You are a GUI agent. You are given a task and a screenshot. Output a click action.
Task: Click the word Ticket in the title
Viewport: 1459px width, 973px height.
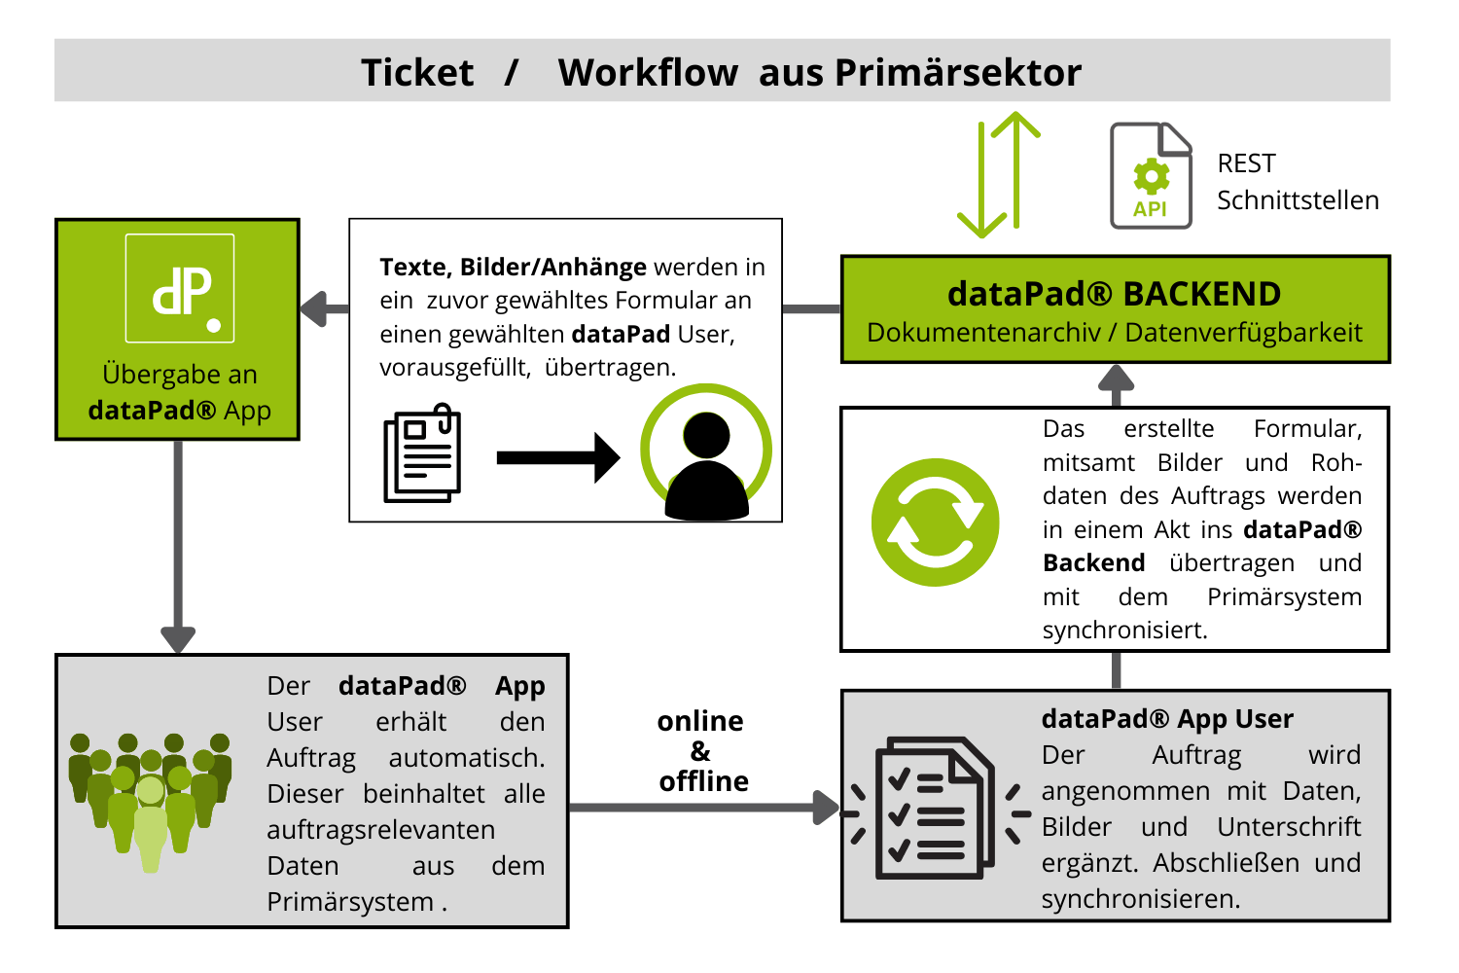point(417,73)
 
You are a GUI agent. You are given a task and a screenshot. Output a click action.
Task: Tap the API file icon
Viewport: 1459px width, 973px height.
point(1151,176)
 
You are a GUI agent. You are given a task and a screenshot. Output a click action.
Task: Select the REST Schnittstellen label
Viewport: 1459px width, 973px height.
point(1297,182)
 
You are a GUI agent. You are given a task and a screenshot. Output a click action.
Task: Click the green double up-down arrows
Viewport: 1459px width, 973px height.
point(999,175)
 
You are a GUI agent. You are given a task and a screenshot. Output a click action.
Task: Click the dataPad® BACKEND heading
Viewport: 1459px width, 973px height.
point(1114,294)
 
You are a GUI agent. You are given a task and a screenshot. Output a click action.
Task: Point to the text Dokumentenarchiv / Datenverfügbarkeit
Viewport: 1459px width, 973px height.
point(1114,333)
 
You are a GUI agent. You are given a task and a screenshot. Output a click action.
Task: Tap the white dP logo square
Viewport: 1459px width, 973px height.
point(180,288)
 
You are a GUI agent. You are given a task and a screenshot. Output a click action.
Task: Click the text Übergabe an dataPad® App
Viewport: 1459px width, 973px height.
point(179,392)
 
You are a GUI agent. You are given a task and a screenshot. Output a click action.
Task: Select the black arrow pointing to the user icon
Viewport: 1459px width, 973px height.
point(557,457)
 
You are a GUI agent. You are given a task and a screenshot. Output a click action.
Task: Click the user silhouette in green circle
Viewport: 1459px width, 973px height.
point(706,452)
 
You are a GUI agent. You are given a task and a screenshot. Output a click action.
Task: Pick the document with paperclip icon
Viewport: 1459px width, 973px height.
point(422,453)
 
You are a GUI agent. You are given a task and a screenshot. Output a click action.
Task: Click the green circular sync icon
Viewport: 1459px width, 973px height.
point(935,523)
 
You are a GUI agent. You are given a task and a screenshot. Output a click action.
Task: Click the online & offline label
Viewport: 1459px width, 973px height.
point(701,751)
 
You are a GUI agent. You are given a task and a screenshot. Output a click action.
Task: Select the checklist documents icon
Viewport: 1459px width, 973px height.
point(934,808)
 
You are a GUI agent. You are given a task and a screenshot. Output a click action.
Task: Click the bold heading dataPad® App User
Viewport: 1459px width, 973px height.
point(1166,719)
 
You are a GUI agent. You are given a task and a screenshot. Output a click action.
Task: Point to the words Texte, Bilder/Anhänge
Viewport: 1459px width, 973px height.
point(513,267)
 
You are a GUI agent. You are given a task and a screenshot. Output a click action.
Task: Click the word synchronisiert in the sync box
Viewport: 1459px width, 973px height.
point(1124,631)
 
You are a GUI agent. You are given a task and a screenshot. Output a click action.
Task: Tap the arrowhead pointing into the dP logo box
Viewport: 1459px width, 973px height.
point(313,309)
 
